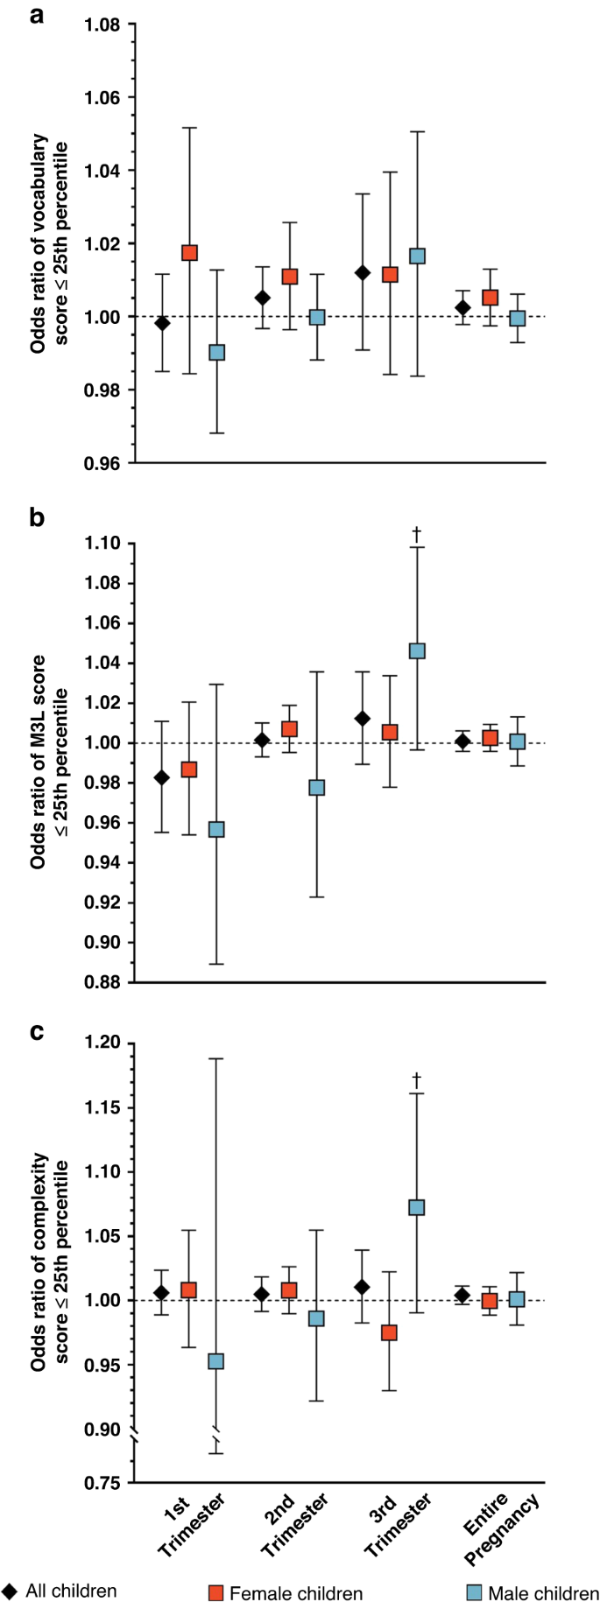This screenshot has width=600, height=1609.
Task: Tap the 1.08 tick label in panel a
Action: (102, 25)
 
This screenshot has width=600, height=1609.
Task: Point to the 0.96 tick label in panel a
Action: (102, 463)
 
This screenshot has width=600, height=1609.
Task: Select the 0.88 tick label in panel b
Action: (102, 982)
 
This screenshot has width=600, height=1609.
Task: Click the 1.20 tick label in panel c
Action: (102, 1043)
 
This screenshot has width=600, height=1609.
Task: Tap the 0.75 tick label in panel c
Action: (102, 1483)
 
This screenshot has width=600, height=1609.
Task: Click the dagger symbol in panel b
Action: (417, 532)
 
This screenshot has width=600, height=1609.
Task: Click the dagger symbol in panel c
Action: (417, 1079)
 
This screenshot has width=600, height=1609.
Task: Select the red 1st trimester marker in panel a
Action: (189, 253)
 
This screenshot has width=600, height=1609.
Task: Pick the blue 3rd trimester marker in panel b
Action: (417, 651)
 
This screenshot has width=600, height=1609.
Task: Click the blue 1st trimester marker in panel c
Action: (215, 1361)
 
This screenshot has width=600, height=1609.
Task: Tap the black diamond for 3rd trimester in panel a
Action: (362, 273)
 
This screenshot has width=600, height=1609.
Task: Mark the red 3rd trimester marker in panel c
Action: (389, 1332)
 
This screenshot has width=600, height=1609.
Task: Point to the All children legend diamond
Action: (10, 1591)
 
